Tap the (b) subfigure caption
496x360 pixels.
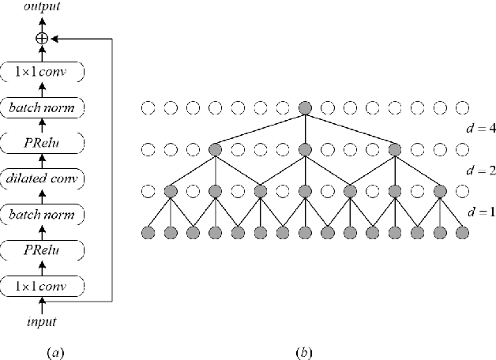coord(304,351)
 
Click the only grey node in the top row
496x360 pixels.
coord(305,107)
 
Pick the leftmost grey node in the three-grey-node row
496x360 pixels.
coord(214,148)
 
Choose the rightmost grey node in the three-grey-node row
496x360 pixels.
coord(395,148)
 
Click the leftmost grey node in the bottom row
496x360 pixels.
coord(147,232)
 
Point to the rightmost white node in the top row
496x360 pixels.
coord(463,107)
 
